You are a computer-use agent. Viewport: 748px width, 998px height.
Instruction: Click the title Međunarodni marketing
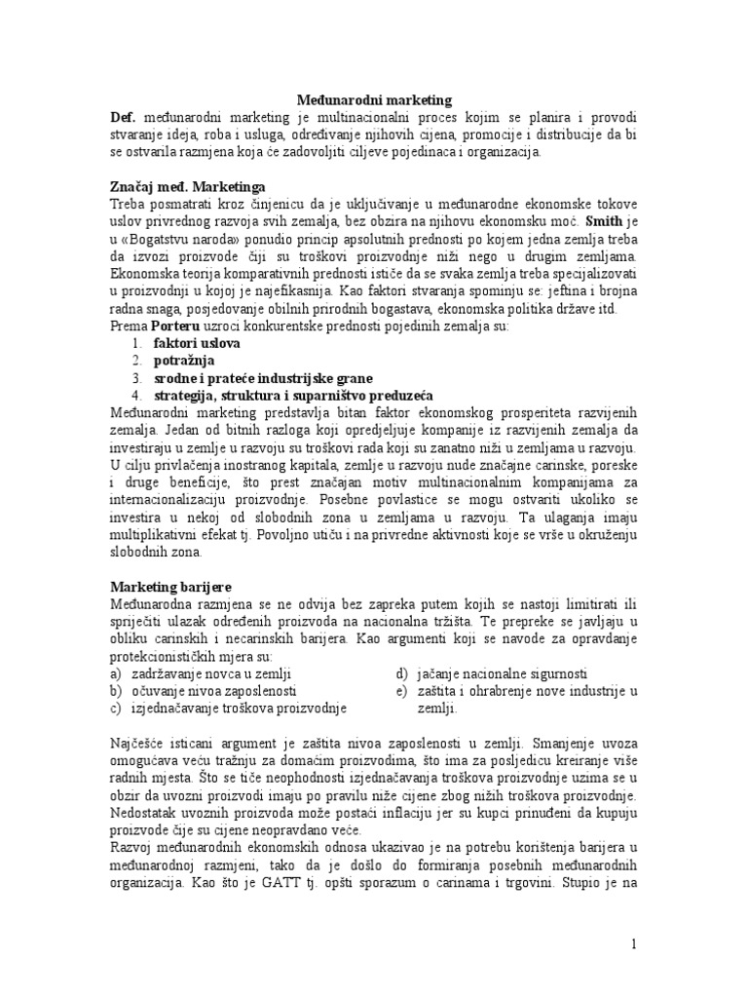click(375, 98)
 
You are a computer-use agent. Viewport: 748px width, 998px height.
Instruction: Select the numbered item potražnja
click(186, 361)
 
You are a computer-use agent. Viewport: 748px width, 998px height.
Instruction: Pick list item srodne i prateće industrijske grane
click(263, 378)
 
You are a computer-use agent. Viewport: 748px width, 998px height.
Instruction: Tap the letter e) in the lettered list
click(400, 691)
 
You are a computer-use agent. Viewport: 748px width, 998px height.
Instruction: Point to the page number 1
click(632, 944)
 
